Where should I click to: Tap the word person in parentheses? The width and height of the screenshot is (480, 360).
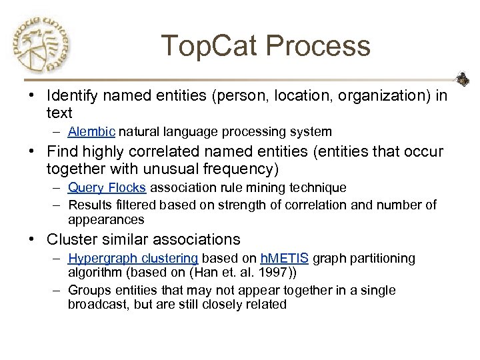click(239, 97)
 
